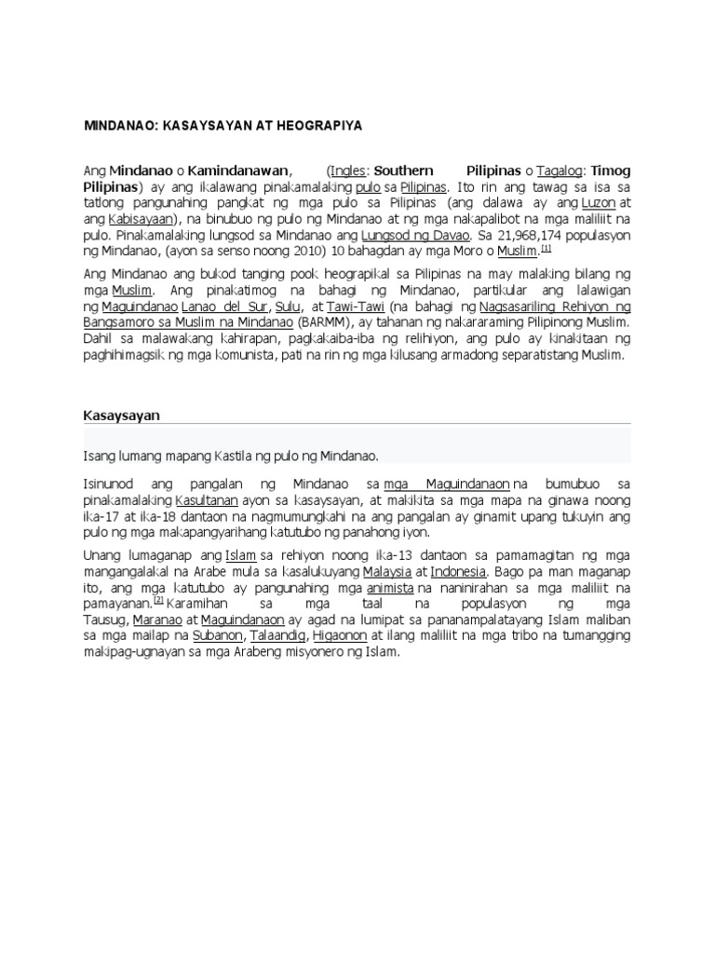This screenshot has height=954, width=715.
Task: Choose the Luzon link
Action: click(601, 203)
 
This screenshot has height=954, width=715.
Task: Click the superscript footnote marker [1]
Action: click(546, 249)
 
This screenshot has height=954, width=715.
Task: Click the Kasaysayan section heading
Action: click(121, 416)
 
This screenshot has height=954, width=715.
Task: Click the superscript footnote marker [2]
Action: click(158, 600)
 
